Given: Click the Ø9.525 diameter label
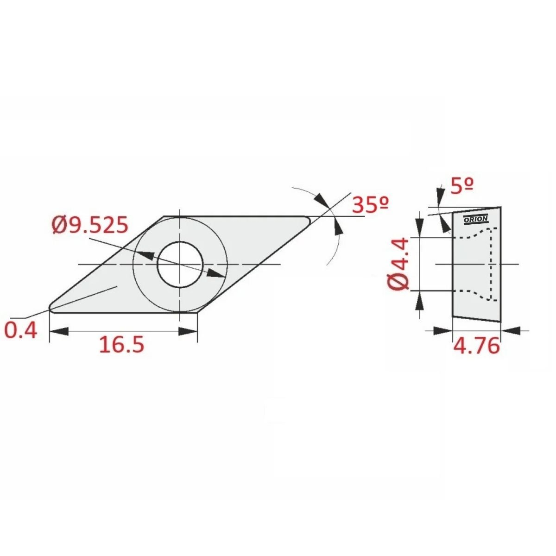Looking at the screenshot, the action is click(x=90, y=225).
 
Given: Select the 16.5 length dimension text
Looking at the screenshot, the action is click(x=121, y=345).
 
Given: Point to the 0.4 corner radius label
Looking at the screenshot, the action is click(x=21, y=330).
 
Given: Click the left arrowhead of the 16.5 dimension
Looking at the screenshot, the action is click(x=59, y=331).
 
